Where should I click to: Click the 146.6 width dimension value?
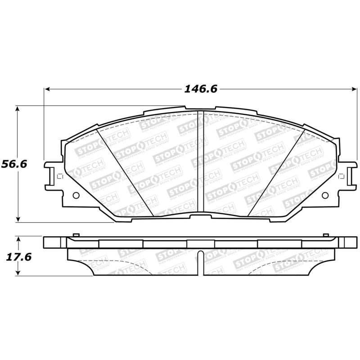(200, 89)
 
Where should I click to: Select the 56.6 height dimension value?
(14, 164)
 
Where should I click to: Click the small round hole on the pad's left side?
(75, 195)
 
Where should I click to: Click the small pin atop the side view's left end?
(76, 234)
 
